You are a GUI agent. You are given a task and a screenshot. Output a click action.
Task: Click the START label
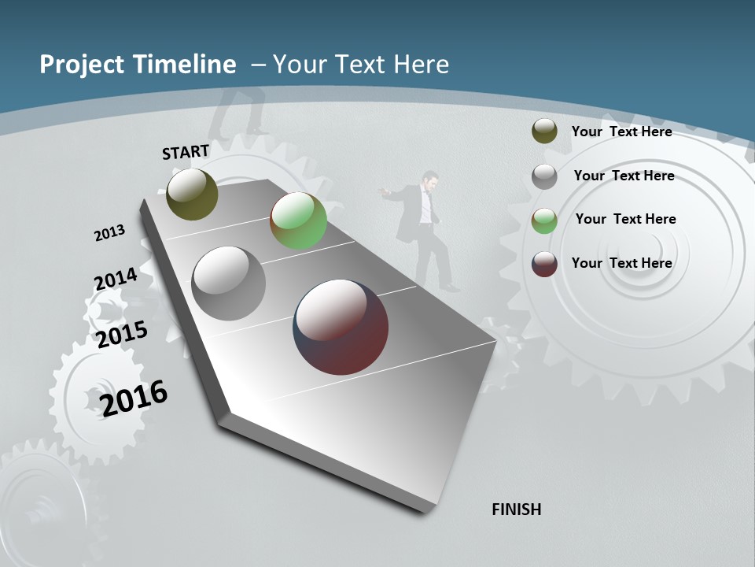point(186,152)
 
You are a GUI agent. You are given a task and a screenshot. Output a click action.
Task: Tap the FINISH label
point(516,510)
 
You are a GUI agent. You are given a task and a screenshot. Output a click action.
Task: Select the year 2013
point(109,233)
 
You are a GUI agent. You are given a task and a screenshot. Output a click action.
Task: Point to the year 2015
point(122,335)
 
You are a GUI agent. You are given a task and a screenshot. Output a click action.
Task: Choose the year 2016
point(134,398)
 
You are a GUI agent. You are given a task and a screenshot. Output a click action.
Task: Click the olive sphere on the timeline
point(192,194)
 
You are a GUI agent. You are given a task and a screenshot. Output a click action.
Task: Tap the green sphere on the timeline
point(298,221)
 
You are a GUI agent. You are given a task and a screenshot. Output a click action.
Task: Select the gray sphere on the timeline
point(229,283)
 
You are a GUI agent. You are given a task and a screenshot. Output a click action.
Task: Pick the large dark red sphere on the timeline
point(341,327)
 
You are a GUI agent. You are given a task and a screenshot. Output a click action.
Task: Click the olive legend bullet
point(544,132)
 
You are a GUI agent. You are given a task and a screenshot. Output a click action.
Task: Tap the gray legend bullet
point(544,176)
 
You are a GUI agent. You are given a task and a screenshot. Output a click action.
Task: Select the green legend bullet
point(544,220)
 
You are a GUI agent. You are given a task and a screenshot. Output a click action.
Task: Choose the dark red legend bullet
point(544,263)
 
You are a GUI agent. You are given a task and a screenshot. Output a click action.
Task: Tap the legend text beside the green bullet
point(625,219)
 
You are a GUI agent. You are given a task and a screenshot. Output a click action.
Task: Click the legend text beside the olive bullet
point(621,132)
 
